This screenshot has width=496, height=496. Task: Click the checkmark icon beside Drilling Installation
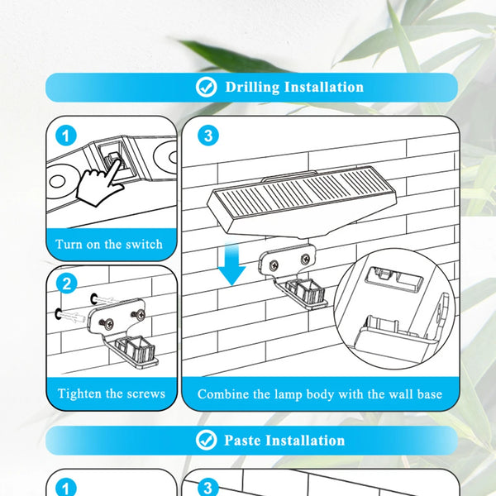click(x=207, y=87)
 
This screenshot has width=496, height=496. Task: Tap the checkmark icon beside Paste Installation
click(x=207, y=440)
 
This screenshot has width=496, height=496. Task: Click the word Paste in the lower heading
click(x=243, y=440)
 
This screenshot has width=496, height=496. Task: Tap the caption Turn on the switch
click(x=109, y=245)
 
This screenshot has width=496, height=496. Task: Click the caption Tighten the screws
click(x=111, y=393)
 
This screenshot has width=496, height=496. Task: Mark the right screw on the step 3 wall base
click(x=307, y=259)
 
